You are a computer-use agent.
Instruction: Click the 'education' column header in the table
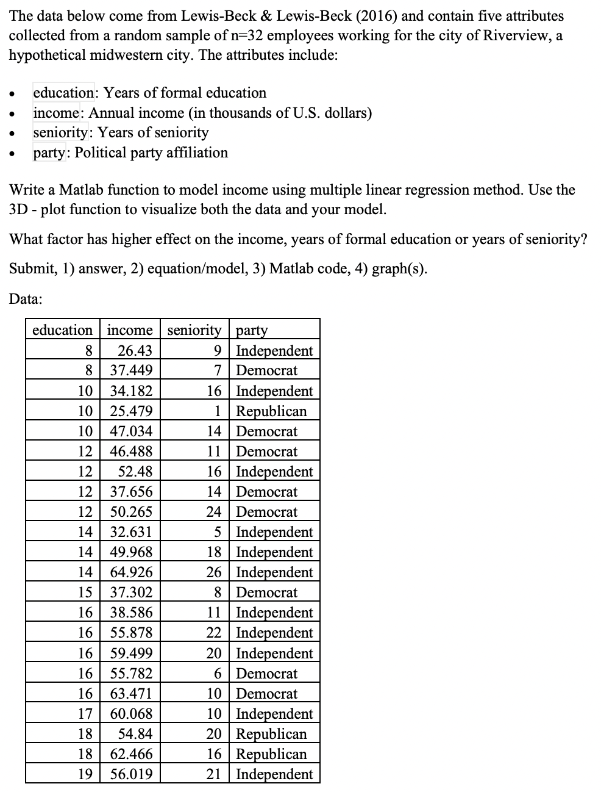click(x=62, y=330)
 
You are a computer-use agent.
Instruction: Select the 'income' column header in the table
click(x=129, y=330)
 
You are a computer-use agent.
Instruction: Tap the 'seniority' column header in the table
click(x=194, y=330)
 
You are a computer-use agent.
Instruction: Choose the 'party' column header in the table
click(x=251, y=330)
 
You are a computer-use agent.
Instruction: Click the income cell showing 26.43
click(x=135, y=350)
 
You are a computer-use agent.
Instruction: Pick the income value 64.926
click(x=131, y=572)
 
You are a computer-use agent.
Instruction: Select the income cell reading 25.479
click(x=131, y=411)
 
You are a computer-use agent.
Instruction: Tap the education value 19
click(x=85, y=774)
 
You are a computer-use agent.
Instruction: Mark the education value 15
click(x=85, y=592)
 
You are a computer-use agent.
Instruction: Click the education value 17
click(x=85, y=713)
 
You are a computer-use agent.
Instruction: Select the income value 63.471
click(x=131, y=693)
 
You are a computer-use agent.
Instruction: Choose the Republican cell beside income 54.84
click(x=271, y=733)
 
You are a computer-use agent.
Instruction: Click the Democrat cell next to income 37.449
click(x=266, y=370)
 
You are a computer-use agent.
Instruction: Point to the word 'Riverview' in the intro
click(x=516, y=35)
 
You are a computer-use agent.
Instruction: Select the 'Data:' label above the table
click(x=26, y=299)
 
